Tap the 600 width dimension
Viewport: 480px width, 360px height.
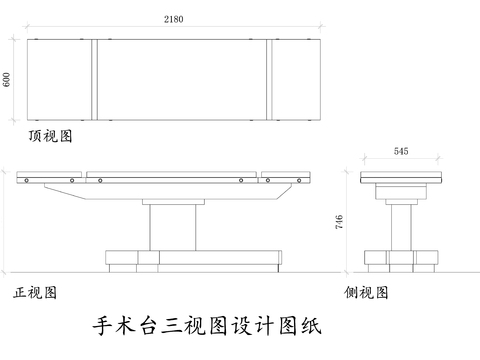[8, 80]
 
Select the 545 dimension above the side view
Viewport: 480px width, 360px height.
[401, 152]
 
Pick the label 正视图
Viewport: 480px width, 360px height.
[34, 293]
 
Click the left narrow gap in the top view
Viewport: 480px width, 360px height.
[93, 79]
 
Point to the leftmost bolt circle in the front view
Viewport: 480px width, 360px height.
[30, 181]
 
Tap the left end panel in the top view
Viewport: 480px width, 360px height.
[60, 79]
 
